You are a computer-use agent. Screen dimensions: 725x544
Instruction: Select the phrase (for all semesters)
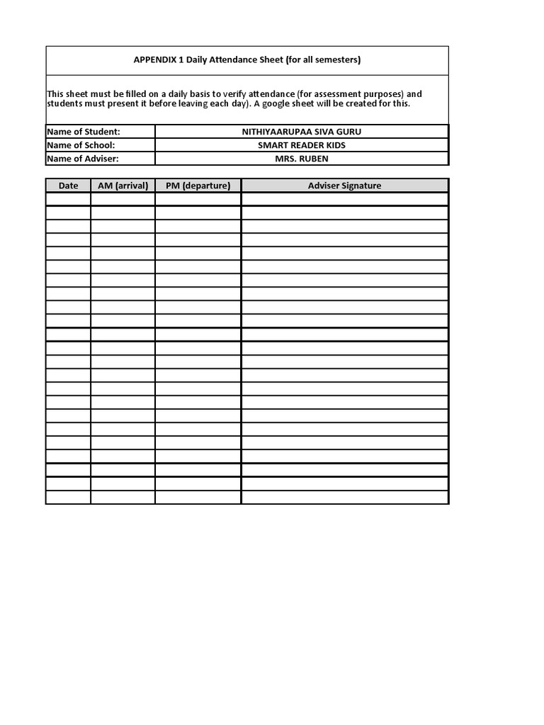[x=323, y=60]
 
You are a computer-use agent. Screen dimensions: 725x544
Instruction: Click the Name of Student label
[x=83, y=132]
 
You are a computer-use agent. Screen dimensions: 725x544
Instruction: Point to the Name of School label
[x=81, y=145]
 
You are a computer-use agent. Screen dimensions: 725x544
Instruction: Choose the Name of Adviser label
[x=82, y=159]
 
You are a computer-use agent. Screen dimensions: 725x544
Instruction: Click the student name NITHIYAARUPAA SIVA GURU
[x=301, y=132]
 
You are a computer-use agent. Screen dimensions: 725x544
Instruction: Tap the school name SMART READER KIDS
[x=301, y=145]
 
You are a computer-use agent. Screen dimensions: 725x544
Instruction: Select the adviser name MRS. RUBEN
[x=301, y=159]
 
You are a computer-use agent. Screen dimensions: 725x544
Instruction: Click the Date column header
[x=68, y=185]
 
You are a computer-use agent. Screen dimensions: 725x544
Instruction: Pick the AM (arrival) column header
[x=123, y=185]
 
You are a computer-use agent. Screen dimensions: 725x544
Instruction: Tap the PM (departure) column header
[x=198, y=185]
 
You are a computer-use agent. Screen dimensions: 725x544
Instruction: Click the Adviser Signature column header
[x=344, y=185]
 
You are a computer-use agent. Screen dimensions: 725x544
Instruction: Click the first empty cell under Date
[x=68, y=199]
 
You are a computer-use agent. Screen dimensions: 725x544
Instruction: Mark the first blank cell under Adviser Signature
[x=344, y=199]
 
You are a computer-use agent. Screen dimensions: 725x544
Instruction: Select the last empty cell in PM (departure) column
[x=198, y=497]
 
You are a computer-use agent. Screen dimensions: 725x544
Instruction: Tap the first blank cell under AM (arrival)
[x=123, y=199]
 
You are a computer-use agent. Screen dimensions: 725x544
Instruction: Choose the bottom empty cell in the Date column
[x=68, y=497]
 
